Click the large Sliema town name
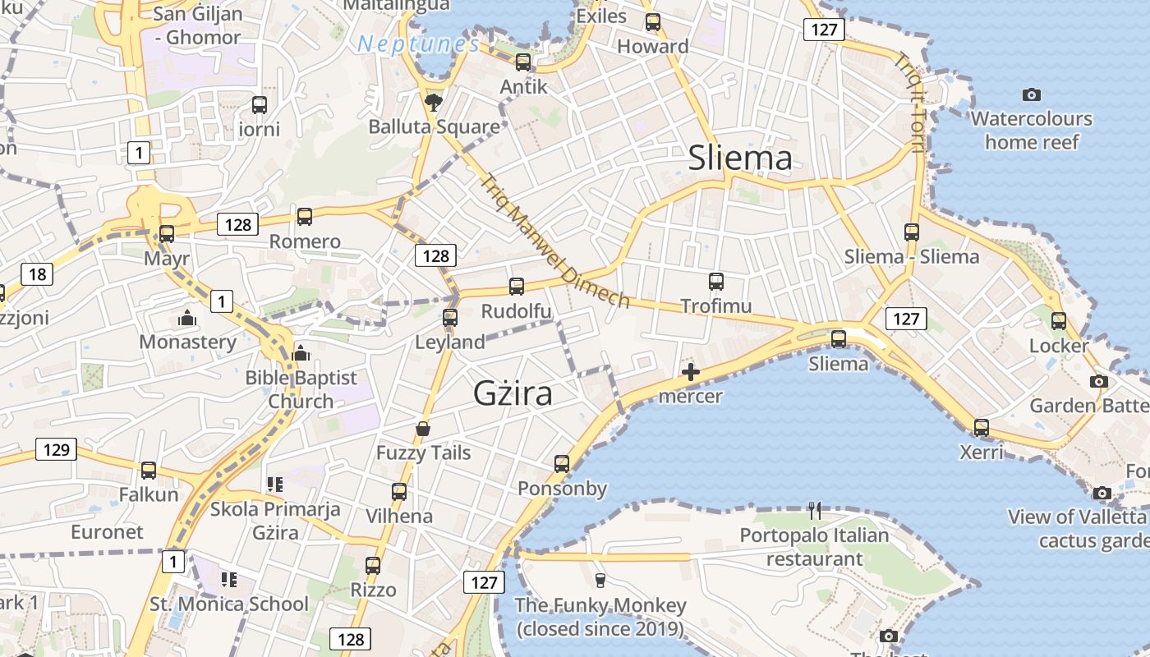tap(740, 159)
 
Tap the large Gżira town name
tap(513, 394)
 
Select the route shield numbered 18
tap(35, 274)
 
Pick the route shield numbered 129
tap(56, 449)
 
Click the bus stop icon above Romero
tap(305, 217)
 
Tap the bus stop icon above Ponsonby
tap(562, 464)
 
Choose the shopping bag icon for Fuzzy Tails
tap(423, 429)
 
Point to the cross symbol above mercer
tap(690, 373)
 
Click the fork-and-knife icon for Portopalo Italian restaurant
tap(815, 511)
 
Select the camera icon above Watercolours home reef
tap(1032, 95)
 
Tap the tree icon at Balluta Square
tap(433, 103)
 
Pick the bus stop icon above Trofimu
tap(716, 282)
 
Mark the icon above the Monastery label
tap(187, 318)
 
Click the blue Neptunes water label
tap(419, 44)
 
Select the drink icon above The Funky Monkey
tap(600, 581)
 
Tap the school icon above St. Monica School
tap(228, 580)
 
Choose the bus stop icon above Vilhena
tap(399, 492)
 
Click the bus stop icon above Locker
tap(1059, 321)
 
